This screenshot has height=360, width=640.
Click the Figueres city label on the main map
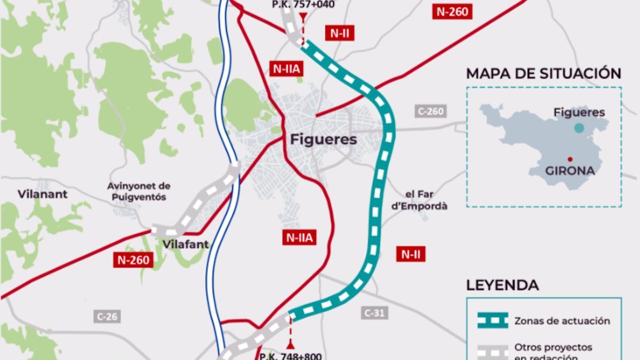pyautogui.click(x=323, y=140)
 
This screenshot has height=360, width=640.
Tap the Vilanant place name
pyautogui.click(x=43, y=194)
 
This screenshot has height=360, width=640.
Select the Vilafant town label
pyautogui.click(x=186, y=245)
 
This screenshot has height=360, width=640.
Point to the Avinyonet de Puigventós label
pyautogui.click(x=138, y=191)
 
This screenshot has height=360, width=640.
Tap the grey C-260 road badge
pyautogui.click(x=430, y=111)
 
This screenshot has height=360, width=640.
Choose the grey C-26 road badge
pyautogui.click(x=107, y=316)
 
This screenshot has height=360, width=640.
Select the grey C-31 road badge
pyautogui.click(x=374, y=313)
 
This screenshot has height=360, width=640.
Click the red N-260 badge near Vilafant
pyautogui.click(x=133, y=260)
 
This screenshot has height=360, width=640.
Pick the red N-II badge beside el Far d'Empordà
pyautogui.click(x=411, y=254)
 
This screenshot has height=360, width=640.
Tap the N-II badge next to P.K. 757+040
pyautogui.click(x=339, y=33)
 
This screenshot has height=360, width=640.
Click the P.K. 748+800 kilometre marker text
pyautogui.click(x=290, y=355)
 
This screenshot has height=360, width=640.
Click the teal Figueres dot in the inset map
pyautogui.click(x=579, y=128)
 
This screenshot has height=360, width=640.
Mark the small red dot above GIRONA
pyautogui.click(x=570, y=158)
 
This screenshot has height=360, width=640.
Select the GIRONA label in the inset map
pyautogui.click(x=570, y=171)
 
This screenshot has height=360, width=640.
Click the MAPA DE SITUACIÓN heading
pyautogui.click(x=543, y=74)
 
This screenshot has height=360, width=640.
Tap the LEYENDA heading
pyautogui.click(x=502, y=285)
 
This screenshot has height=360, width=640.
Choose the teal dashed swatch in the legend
pyautogui.click(x=492, y=321)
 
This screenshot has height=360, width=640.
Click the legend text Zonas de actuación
pyautogui.click(x=562, y=321)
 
